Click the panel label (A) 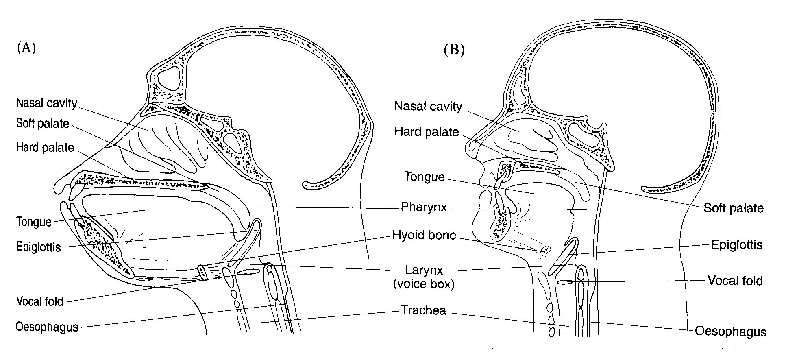click(26, 48)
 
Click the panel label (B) click(454, 50)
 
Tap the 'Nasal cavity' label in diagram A click(46, 103)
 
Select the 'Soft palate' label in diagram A click(43, 123)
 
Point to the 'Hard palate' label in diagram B click(427, 132)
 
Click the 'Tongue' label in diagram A click(34, 222)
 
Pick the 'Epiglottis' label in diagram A click(39, 247)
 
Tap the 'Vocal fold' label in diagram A click(40, 301)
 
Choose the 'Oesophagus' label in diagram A click(47, 327)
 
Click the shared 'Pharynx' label click(424, 207)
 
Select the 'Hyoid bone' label click(424, 235)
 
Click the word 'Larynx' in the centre click(424, 270)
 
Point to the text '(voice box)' click(424, 284)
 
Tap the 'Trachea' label click(423, 310)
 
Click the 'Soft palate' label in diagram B click(734, 208)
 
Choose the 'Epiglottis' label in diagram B click(736, 245)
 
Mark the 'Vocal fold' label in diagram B click(735, 281)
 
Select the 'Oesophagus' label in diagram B click(730, 332)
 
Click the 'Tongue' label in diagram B click(424, 177)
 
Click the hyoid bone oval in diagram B click(544, 252)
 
